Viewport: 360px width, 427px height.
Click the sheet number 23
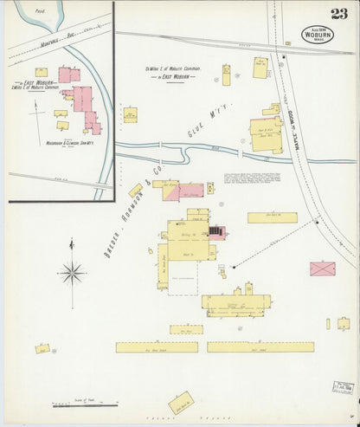click(338, 13)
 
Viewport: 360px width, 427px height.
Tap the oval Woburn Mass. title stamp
click(318, 35)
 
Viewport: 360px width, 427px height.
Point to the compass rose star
click(73, 274)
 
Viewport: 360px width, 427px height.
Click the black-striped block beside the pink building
click(215, 230)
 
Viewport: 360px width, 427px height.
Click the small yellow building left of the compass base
click(42, 348)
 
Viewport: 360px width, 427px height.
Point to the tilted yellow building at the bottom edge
click(181, 403)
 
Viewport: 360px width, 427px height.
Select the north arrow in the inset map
click(35, 108)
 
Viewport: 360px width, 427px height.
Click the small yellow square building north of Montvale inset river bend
click(41, 72)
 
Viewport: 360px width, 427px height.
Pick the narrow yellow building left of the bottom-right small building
click(328, 324)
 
